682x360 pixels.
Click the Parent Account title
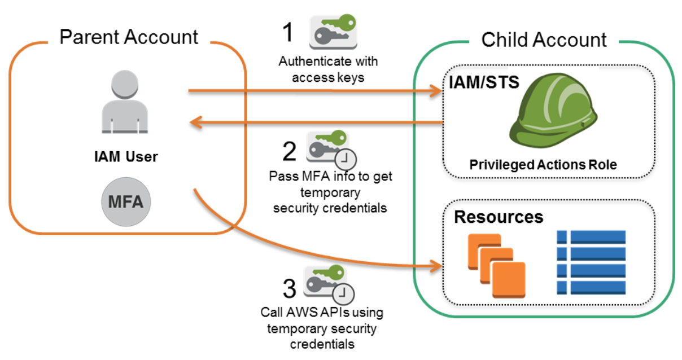click(x=129, y=38)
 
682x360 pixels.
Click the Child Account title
click(x=544, y=40)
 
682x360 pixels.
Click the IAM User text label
click(x=125, y=157)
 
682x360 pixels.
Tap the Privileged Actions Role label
click(x=543, y=165)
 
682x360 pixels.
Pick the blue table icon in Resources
click(x=591, y=262)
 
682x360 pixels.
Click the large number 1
click(x=288, y=32)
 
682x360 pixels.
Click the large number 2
click(x=289, y=151)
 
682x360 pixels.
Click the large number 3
click(x=289, y=289)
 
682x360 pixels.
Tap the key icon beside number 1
click(x=333, y=32)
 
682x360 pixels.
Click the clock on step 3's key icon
click(x=344, y=294)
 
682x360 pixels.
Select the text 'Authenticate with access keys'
click(x=328, y=69)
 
